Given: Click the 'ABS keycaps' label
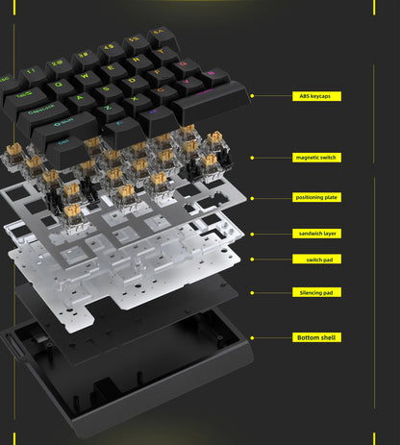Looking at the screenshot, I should click(x=316, y=96).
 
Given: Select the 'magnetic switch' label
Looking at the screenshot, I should click(x=316, y=157).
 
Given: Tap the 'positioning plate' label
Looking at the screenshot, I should click(x=316, y=197).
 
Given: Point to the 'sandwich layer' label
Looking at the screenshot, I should click(x=316, y=234).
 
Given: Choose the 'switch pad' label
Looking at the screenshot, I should click(x=316, y=260).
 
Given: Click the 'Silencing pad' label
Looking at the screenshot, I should click(x=316, y=292).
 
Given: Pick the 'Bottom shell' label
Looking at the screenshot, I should click(x=316, y=337).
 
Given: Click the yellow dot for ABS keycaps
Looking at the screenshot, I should click(x=252, y=96).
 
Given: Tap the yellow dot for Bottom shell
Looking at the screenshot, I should click(x=252, y=337).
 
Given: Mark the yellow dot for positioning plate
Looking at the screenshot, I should click(x=252, y=197).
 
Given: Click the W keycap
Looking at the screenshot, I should click(x=85, y=75).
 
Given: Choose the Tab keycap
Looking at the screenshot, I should click(x=22, y=93).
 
